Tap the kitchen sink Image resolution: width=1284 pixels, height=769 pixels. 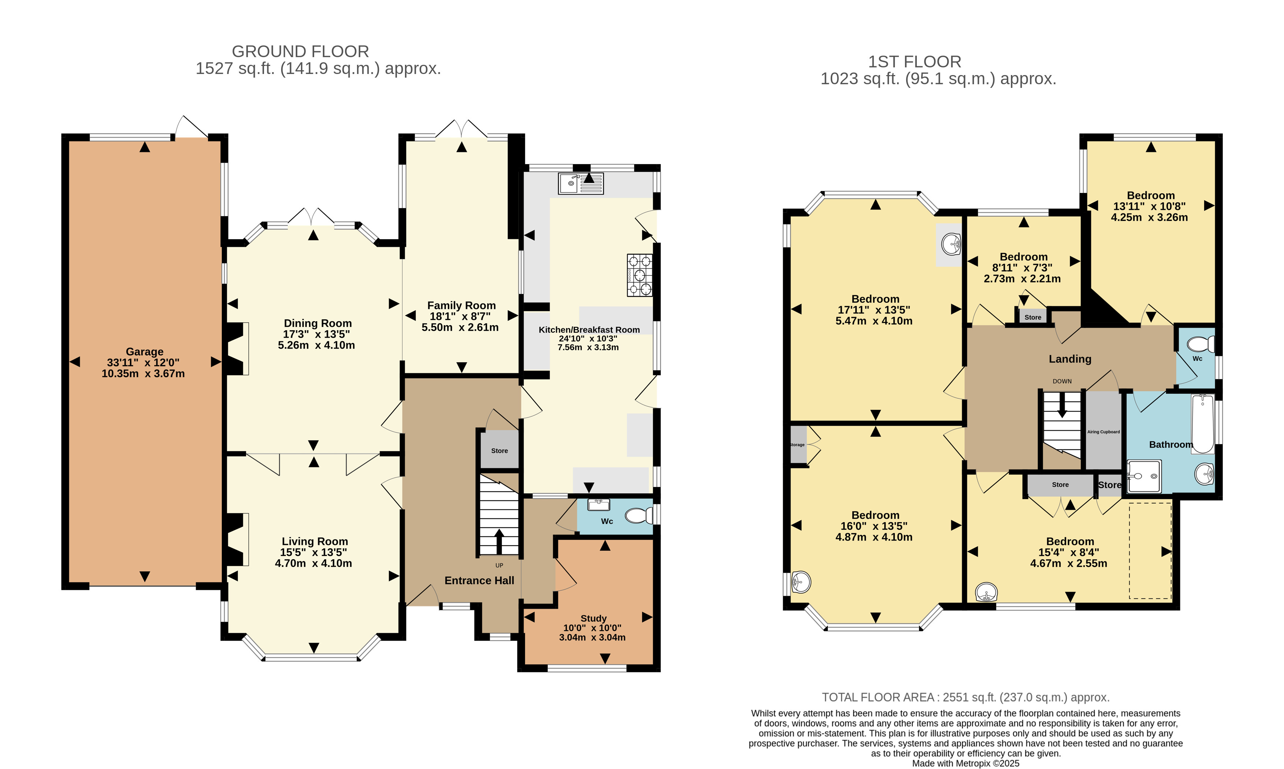581,183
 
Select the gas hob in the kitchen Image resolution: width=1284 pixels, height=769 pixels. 640,275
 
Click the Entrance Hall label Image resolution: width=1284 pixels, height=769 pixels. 479,580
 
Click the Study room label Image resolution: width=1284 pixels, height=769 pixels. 593,618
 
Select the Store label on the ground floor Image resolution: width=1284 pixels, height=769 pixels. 499,451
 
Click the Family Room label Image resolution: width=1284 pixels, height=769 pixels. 461,305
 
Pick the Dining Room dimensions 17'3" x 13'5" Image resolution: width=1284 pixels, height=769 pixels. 316,334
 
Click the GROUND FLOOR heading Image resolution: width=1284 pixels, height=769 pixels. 301,51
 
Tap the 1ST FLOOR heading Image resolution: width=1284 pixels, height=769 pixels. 915,62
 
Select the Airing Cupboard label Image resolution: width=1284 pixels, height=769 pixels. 1103,432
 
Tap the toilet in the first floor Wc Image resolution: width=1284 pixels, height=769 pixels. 1201,344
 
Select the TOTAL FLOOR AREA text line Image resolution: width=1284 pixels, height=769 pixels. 966,698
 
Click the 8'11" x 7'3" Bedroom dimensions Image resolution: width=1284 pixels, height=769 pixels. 1023,267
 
